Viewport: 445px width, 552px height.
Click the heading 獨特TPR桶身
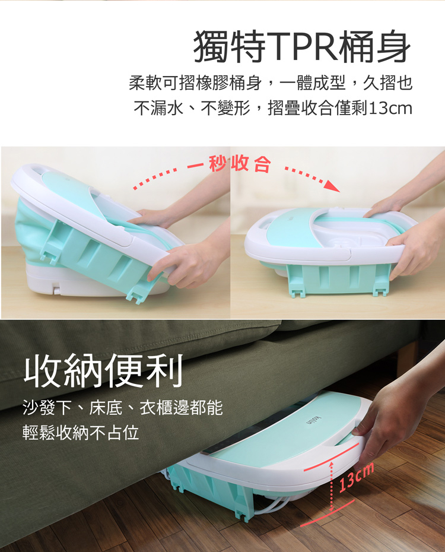click(303, 46)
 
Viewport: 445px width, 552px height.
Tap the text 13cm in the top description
click(389, 108)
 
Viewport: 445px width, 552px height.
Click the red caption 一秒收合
click(229, 163)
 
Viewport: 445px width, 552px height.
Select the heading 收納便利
click(104, 370)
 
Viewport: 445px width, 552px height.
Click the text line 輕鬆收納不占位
click(81, 433)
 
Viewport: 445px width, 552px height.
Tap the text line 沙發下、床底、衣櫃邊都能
click(122, 408)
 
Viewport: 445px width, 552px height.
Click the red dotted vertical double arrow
click(331, 486)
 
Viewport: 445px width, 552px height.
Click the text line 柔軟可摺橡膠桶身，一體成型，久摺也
click(271, 83)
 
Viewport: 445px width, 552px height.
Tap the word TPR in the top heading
click(303, 46)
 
